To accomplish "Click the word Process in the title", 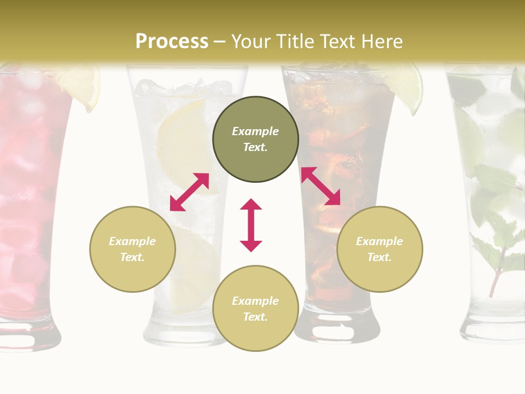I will tap(172, 42).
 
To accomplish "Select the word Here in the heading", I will tap(382, 42).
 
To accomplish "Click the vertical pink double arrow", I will tap(251, 225).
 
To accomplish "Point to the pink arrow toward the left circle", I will tap(189, 192).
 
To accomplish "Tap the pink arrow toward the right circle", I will tap(321, 186).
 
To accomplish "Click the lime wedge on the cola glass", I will tap(408, 88).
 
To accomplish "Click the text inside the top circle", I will tap(255, 139).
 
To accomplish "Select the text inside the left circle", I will tap(132, 249).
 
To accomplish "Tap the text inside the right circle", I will tap(380, 249).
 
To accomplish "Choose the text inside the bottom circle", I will tap(255, 309).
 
